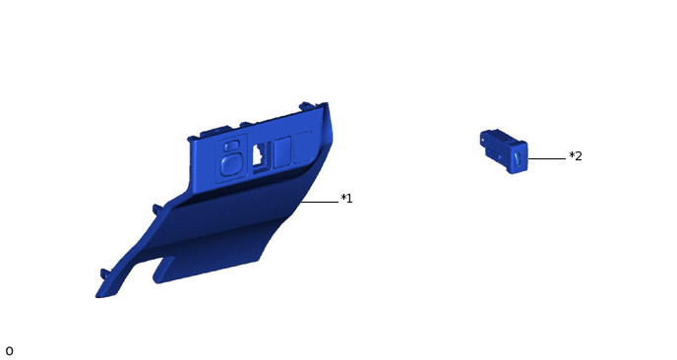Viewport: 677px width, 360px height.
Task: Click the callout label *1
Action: click(346, 199)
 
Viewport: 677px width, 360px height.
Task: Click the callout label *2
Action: click(576, 156)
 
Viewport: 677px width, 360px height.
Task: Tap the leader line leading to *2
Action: click(547, 158)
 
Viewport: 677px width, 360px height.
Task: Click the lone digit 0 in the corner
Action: click(9, 351)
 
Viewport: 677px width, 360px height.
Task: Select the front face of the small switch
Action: click(518, 158)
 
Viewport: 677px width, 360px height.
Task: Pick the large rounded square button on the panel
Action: click(232, 162)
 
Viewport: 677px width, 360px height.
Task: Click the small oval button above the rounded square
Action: click(231, 144)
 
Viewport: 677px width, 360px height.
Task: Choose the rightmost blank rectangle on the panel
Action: click(300, 147)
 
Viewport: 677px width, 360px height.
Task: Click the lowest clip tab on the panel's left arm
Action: click(105, 272)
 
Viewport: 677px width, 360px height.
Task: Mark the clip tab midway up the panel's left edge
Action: click(156, 208)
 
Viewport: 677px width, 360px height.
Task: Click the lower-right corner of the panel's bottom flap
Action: click(261, 258)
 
